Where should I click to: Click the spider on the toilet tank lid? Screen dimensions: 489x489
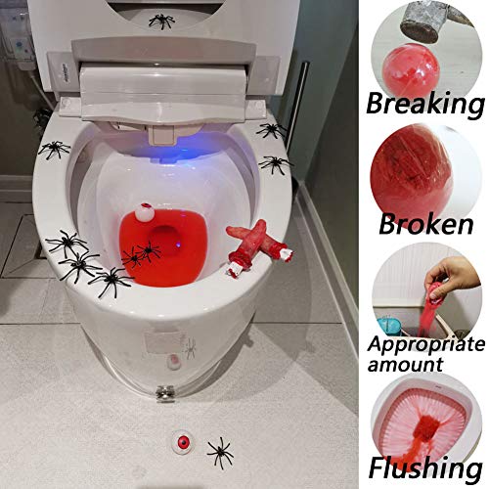[x=162, y=21]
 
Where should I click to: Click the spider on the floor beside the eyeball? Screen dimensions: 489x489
[x=219, y=451]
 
